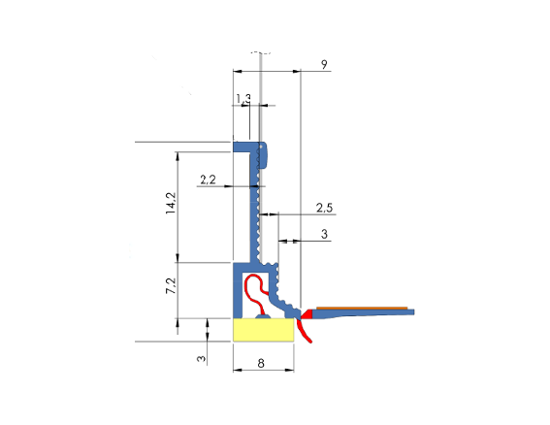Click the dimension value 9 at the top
pos(323,64)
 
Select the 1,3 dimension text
pos(243,98)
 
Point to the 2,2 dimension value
pos(208,180)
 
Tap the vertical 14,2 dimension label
pos(171,205)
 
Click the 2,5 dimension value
pos(325,208)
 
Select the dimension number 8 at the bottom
pos(263,364)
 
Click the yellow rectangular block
pos(265,330)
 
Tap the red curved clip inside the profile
pos(254,290)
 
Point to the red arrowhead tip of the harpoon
pos(305,313)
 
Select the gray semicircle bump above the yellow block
pos(261,315)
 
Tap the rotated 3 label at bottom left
pos(202,358)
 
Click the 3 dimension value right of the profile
pos(324,234)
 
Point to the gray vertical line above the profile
pos(263,97)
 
